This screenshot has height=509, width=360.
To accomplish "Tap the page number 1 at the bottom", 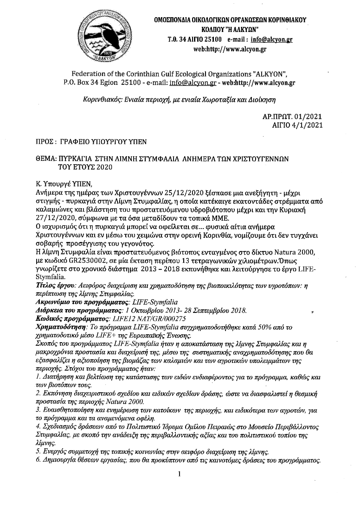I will tap(179, 474).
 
